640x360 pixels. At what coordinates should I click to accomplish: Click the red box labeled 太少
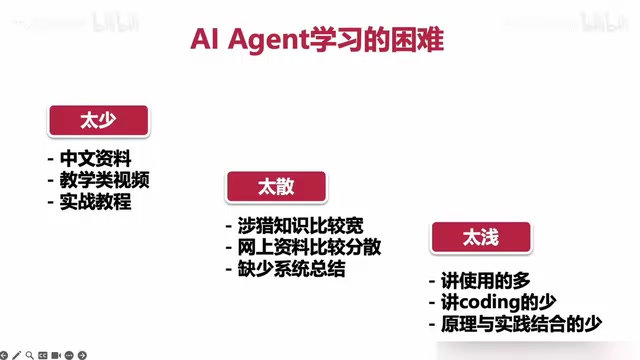[99, 120]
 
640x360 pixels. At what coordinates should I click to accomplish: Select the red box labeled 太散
[276, 187]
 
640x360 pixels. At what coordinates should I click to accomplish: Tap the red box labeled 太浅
[481, 237]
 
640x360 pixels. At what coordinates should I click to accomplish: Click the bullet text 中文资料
[96, 158]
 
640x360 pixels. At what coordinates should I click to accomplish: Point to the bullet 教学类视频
[104, 180]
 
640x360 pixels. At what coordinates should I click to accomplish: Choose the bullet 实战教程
[96, 202]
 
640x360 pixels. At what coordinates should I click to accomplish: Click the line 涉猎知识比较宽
[300, 225]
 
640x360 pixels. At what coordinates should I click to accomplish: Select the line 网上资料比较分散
[309, 247]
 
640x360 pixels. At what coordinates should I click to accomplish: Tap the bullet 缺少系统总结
[291, 269]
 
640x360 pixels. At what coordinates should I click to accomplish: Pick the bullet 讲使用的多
[485, 280]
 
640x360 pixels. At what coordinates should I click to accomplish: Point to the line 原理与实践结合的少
[521, 324]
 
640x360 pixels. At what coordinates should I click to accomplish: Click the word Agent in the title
[269, 41]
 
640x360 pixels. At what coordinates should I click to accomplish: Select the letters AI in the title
[204, 40]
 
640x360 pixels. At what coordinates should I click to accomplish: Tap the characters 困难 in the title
[417, 40]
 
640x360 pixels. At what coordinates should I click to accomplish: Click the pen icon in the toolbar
[17, 355]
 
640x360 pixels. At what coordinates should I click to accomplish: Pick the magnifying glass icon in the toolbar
[29, 355]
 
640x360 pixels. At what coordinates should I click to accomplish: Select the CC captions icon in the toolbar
[42, 355]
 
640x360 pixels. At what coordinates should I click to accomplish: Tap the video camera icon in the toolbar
[56, 355]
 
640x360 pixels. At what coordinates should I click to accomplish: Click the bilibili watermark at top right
[603, 22]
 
